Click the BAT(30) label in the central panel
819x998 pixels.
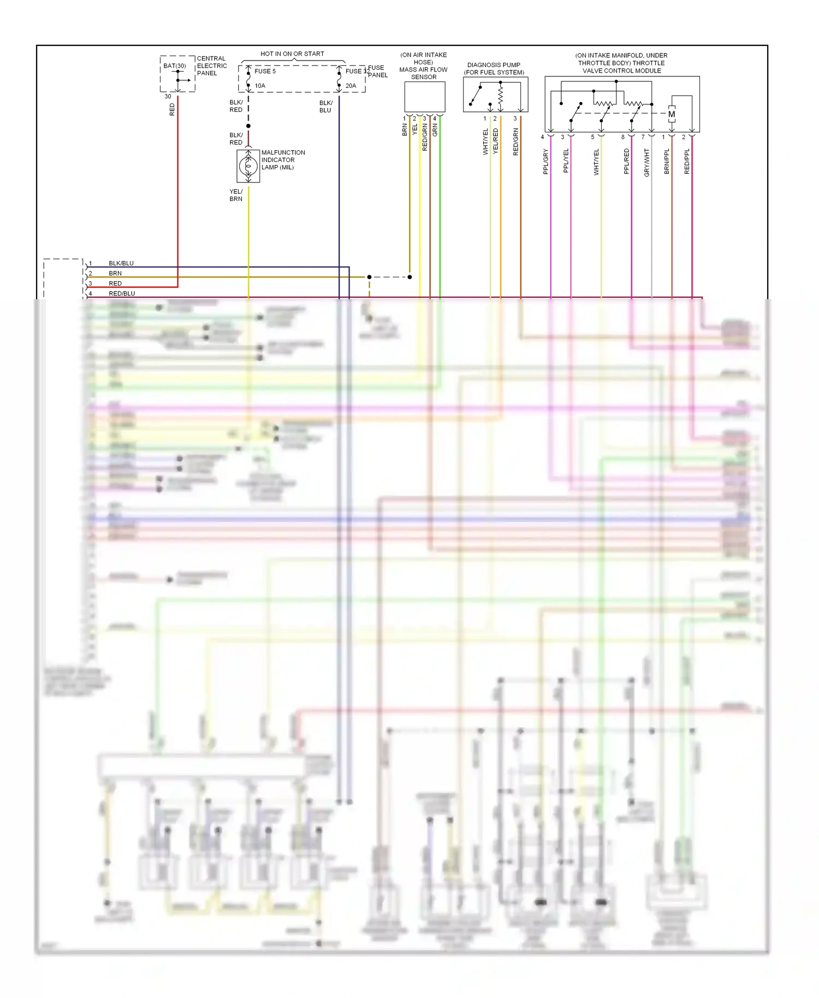[x=175, y=66]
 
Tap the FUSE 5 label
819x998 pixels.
[x=265, y=71]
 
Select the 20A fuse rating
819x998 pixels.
[x=351, y=86]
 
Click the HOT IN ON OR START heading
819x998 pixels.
[x=292, y=54]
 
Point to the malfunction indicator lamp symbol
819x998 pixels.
[x=248, y=165]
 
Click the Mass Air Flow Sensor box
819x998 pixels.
[x=424, y=97]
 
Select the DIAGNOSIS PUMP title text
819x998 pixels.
[x=494, y=65]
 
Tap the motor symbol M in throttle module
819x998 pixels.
[x=672, y=114]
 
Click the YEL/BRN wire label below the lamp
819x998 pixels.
[x=236, y=195]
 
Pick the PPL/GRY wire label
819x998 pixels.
[x=545, y=162]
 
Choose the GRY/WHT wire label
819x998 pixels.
[x=646, y=162]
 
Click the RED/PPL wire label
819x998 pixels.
[x=687, y=161]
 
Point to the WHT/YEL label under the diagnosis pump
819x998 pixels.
[x=485, y=142]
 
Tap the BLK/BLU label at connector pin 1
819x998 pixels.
[x=121, y=263]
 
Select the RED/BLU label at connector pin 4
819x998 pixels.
[x=122, y=293]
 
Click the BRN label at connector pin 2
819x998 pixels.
[x=115, y=273]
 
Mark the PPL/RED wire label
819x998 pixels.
[x=626, y=161]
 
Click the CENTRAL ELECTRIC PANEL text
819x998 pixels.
[x=211, y=66]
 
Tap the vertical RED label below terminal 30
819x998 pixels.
[x=172, y=110]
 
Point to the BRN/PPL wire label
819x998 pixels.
[x=667, y=161]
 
